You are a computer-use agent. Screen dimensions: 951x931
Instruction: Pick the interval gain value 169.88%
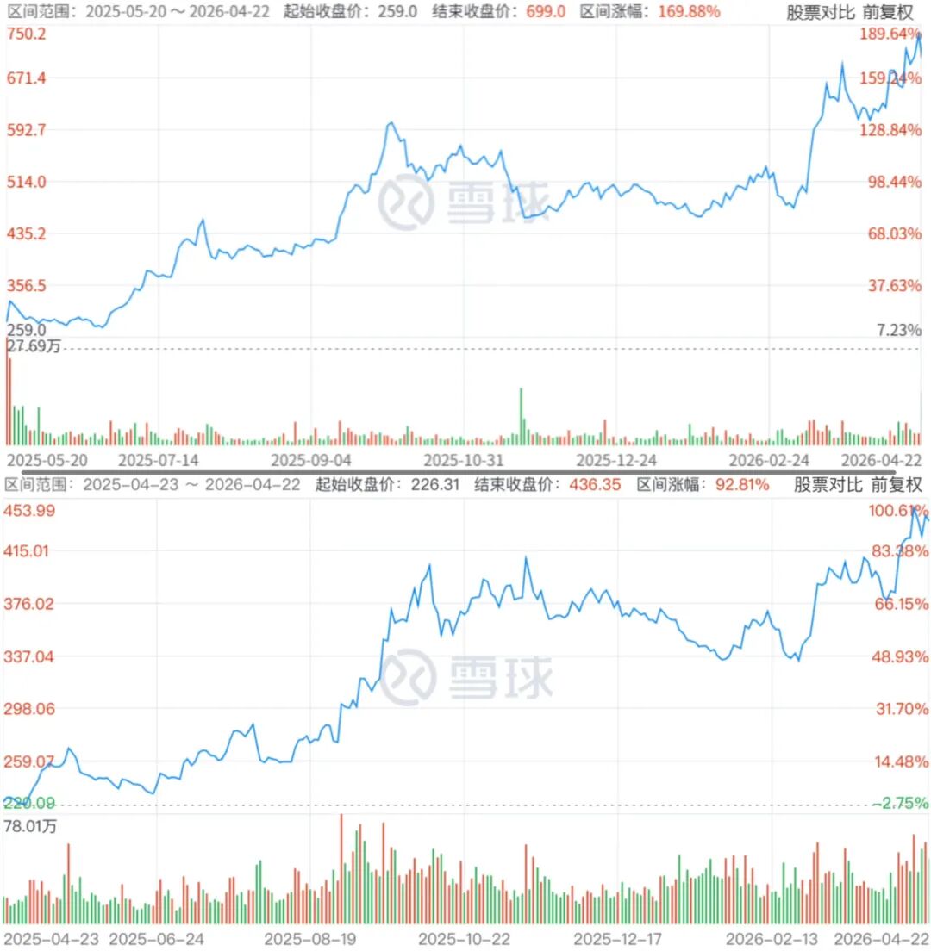pos(689,12)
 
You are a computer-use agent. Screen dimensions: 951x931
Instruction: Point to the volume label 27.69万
pos(33,347)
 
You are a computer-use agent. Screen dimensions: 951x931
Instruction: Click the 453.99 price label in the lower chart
pos(29,510)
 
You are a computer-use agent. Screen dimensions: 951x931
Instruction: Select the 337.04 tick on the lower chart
pos(29,656)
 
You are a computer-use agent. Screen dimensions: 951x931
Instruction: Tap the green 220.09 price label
pos(29,803)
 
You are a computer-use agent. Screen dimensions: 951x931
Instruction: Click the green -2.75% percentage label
pos(900,803)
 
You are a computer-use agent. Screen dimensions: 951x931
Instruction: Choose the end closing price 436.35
pos(595,484)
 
